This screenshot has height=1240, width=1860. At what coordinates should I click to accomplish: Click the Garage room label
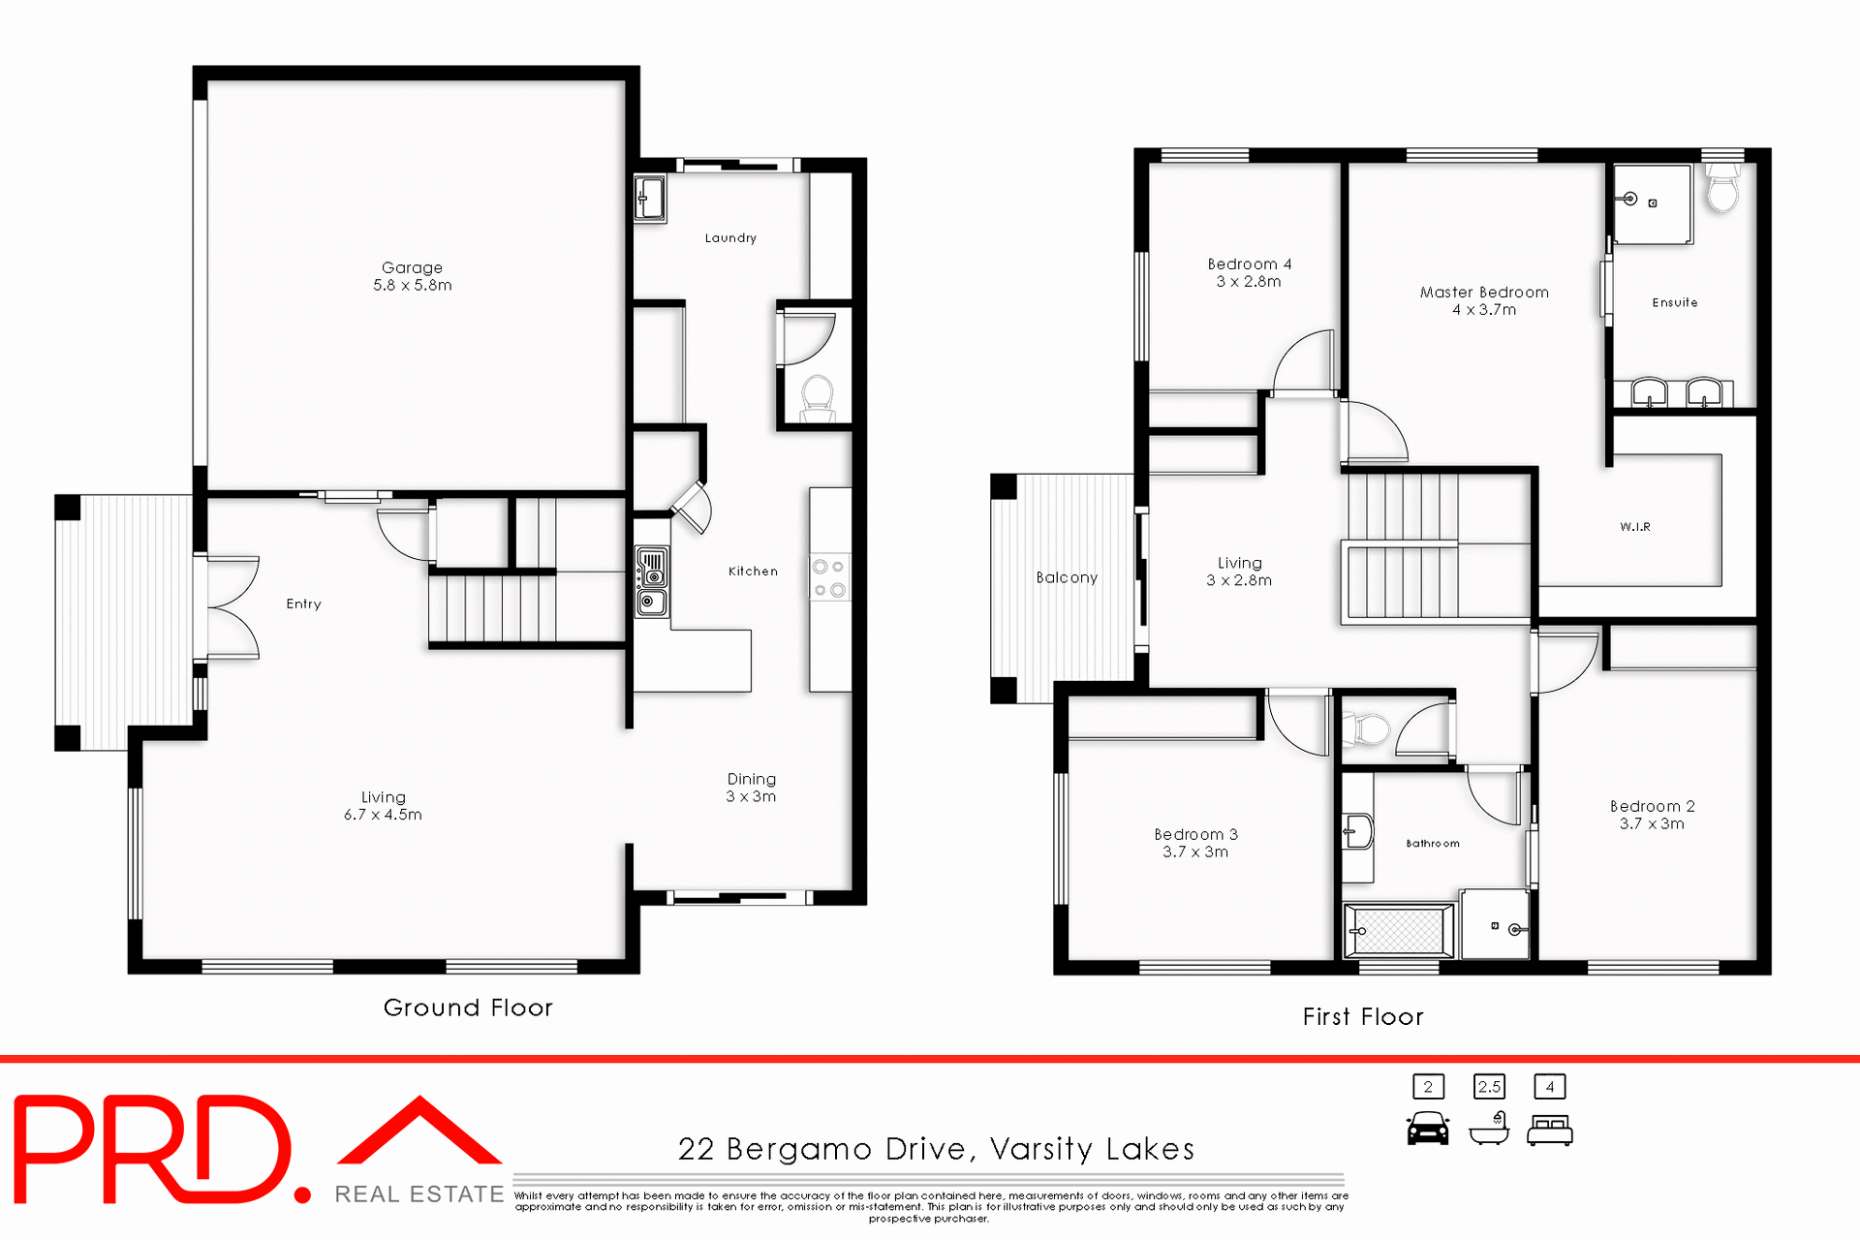[412, 275]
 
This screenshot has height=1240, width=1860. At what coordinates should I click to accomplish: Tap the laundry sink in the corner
[650, 198]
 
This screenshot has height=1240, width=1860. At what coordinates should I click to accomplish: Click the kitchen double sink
[651, 580]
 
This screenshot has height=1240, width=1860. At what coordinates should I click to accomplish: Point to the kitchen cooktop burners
[829, 577]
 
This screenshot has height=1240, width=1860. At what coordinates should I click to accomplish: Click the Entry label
[303, 604]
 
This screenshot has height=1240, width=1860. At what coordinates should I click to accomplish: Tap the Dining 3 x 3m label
[751, 787]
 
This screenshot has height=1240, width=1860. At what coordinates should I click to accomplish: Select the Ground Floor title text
[468, 1007]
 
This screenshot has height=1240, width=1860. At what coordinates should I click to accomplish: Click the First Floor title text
[1362, 1016]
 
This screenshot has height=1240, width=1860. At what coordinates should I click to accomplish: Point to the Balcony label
[1067, 577]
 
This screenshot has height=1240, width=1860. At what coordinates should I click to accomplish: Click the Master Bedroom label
[1484, 300]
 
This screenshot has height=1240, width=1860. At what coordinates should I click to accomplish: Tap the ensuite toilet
[1722, 188]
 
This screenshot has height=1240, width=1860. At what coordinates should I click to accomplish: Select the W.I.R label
[1634, 527]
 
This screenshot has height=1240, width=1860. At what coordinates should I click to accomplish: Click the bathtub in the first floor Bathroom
[1399, 931]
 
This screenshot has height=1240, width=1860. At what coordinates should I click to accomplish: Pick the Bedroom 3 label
[1195, 843]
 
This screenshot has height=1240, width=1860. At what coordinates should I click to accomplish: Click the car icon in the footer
[1428, 1130]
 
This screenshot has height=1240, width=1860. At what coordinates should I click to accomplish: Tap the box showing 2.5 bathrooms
[1489, 1087]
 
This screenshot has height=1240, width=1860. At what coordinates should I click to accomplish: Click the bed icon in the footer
[1549, 1131]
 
